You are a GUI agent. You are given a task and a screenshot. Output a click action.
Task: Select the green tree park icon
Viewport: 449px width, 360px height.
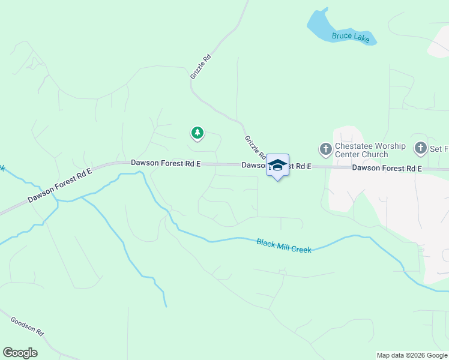tap(196, 133)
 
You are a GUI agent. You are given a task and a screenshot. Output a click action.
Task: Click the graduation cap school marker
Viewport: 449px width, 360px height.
tap(277, 166)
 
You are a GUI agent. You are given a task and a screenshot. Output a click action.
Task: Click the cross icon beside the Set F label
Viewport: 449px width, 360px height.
tap(421, 148)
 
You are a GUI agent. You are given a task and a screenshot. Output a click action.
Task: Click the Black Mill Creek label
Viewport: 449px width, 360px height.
tap(284, 245)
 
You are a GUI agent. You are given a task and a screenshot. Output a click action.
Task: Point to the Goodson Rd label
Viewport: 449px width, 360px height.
tap(28, 326)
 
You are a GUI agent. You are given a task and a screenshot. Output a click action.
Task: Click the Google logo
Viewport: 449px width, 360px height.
tap(20, 353)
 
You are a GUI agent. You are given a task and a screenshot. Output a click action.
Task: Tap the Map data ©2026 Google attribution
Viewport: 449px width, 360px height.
tap(412, 355)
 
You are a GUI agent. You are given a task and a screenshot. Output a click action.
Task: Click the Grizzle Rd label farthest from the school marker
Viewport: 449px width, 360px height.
tap(200, 67)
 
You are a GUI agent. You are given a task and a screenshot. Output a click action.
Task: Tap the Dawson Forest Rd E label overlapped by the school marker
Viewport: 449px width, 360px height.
tap(276, 166)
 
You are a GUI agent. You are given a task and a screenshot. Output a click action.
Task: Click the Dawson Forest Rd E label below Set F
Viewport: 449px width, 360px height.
tap(387, 169)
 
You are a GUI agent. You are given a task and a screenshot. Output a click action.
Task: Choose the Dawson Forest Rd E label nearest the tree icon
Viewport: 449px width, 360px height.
tap(166, 163)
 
